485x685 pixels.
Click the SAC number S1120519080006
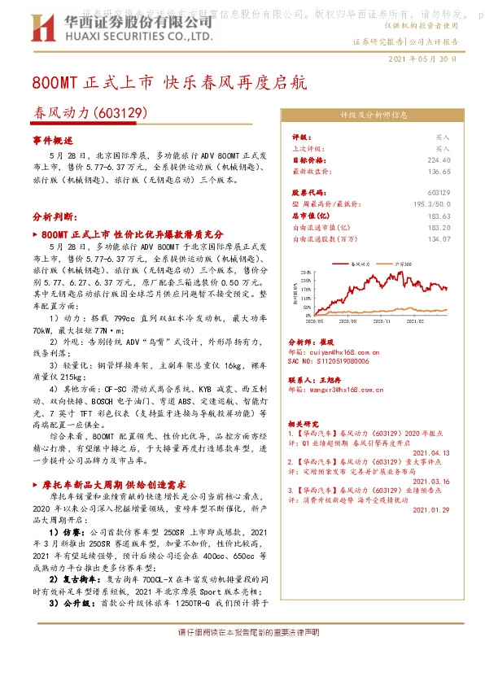coord(330,361)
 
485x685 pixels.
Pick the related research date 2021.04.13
coord(430,452)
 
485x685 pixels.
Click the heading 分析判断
coord(55,218)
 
